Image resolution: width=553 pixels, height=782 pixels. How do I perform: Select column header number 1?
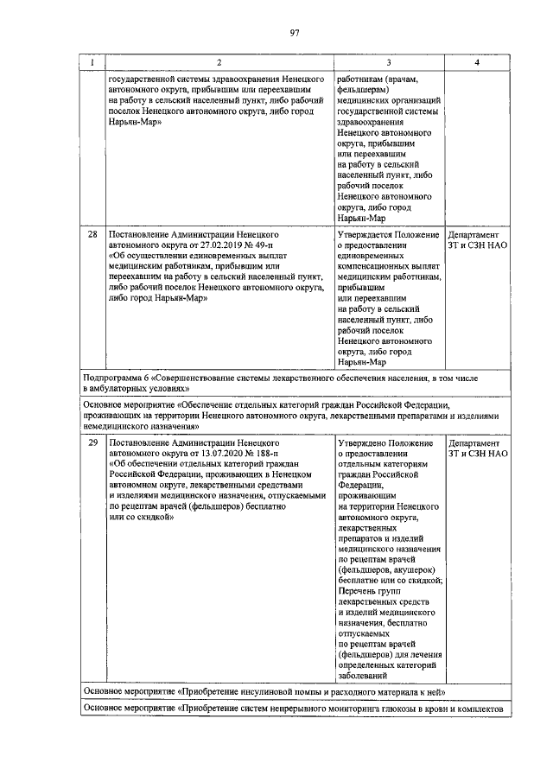click(92, 62)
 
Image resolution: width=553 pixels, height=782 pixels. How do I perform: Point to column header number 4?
click(478, 62)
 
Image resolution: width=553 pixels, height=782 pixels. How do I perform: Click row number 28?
click(92, 234)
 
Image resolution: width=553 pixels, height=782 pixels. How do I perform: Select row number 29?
click(92, 442)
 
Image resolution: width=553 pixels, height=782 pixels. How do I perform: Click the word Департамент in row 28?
click(474, 234)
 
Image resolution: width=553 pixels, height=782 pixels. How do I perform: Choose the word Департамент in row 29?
click(474, 442)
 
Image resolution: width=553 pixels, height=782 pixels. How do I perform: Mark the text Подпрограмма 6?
click(117, 378)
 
